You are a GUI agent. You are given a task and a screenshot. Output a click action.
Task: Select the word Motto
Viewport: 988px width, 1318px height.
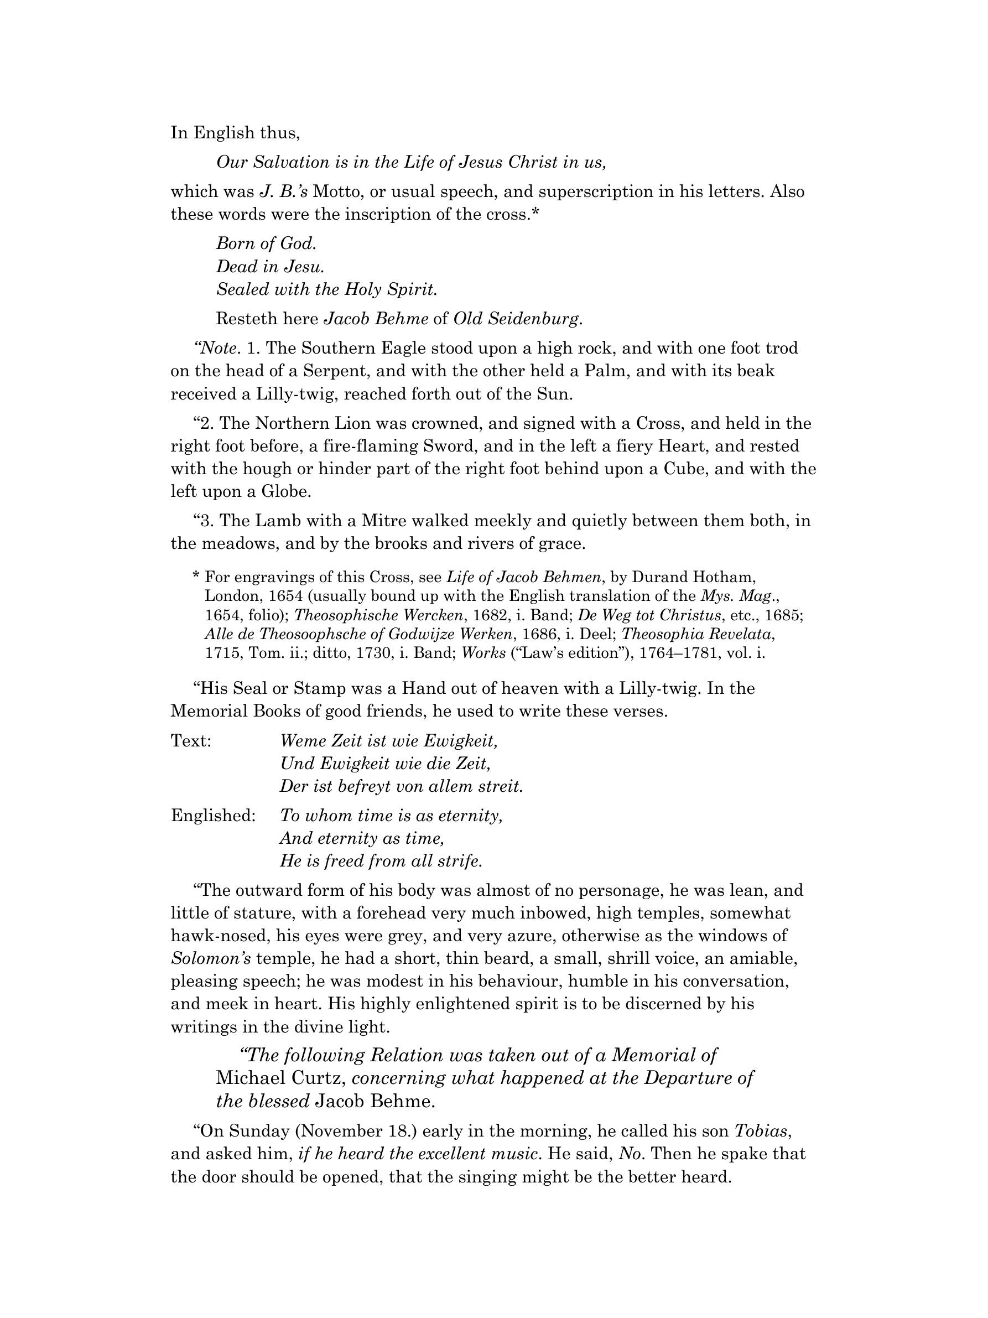point(338,192)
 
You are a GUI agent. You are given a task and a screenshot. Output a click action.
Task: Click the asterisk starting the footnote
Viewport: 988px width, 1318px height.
point(196,577)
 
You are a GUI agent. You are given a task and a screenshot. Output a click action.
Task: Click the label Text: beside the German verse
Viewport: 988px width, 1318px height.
point(191,741)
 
